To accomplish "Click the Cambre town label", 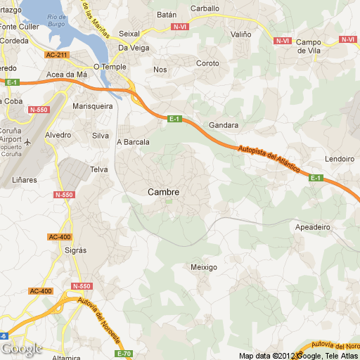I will [x=163, y=192].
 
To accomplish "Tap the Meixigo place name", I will [x=204, y=267].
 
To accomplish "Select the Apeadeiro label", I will [x=312, y=227].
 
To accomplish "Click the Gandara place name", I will [x=224, y=125].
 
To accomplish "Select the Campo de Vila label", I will [x=309, y=46].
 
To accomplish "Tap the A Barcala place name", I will [x=133, y=141].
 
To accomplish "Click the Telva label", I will [x=98, y=169].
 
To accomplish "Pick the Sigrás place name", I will [x=75, y=250].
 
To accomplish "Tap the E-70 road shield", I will [x=124, y=353].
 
